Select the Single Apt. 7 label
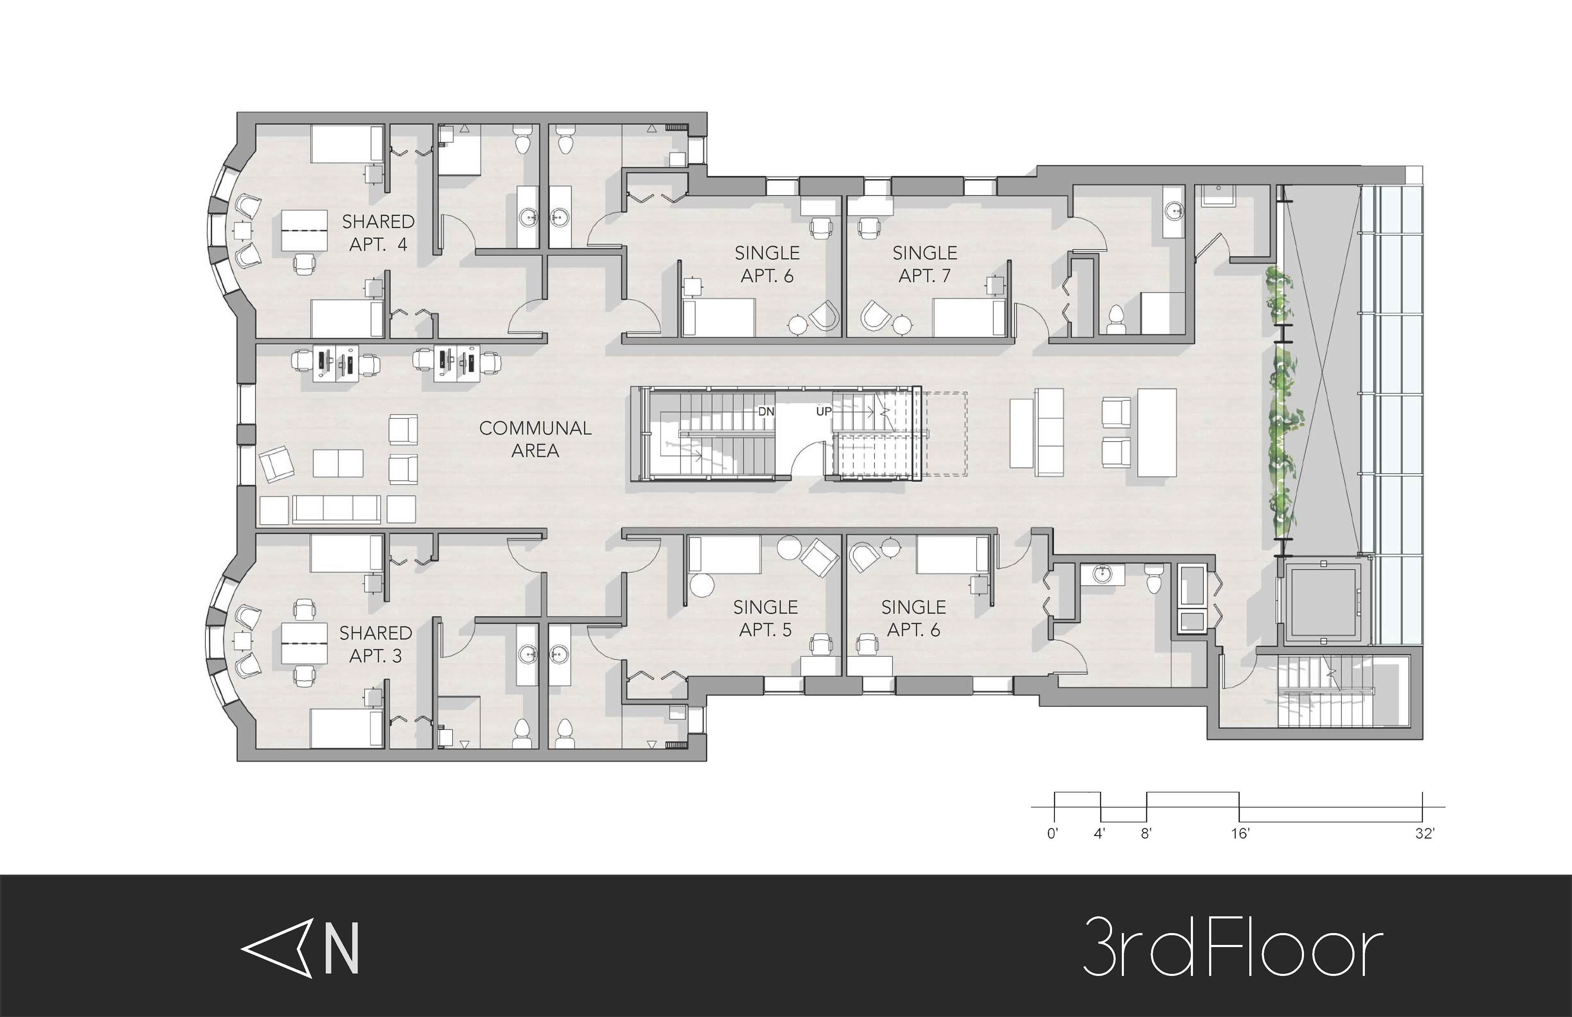coord(925,264)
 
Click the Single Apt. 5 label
coord(766,618)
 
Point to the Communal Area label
coord(535,439)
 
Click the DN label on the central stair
coord(766,411)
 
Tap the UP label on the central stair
coord(824,411)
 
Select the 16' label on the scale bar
coord(1240,833)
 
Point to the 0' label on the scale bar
coord(1052,833)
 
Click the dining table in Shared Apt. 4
coord(305,230)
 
